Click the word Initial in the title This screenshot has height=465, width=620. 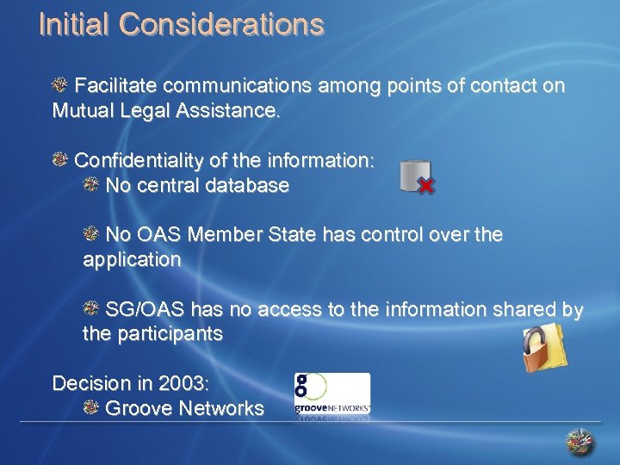75,24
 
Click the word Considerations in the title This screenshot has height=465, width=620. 222,24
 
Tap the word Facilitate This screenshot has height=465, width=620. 116,86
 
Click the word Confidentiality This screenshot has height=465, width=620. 138,161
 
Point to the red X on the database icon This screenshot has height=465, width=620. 425,185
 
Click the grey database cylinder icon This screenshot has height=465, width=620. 413,175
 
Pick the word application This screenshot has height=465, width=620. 132,259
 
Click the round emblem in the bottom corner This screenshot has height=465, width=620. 580,441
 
